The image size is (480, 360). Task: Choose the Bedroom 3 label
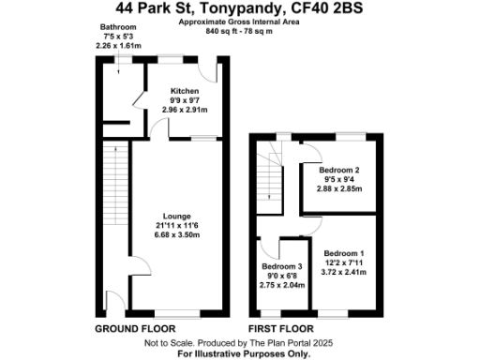tap(281, 267)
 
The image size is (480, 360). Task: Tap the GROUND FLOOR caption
tap(136, 330)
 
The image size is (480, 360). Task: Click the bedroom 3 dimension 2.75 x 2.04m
tap(281, 284)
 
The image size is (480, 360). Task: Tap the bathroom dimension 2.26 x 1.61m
tap(118, 45)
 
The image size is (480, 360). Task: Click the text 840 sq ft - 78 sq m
tap(240, 30)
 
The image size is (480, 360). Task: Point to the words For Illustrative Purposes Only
tap(240, 352)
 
